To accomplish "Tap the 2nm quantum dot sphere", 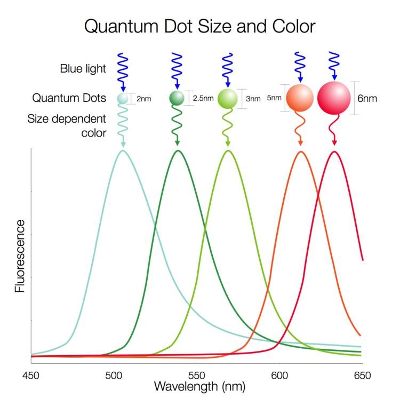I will pyautogui.click(x=123, y=99).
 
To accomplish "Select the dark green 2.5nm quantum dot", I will pyautogui.click(x=177, y=98).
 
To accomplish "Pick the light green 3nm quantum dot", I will pyautogui.click(x=228, y=99).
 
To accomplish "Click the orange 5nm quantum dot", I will pyautogui.click(x=300, y=98).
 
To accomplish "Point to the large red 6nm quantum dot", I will pyautogui.click(x=334, y=98).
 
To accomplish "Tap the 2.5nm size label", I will pyautogui.click(x=203, y=99).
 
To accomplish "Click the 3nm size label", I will pyautogui.click(x=253, y=99).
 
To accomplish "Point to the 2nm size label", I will pyautogui.click(x=143, y=99).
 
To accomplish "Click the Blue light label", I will pyautogui.click(x=83, y=68).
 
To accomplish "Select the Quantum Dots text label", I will pyautogui.click(x=69, y=98).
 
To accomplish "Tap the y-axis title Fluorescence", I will pyautogui.click(x=20, y=255).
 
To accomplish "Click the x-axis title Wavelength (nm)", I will pyautogui.click(x=199, y=385).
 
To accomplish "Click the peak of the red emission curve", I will pyautogui.click(x=334, y=151).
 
